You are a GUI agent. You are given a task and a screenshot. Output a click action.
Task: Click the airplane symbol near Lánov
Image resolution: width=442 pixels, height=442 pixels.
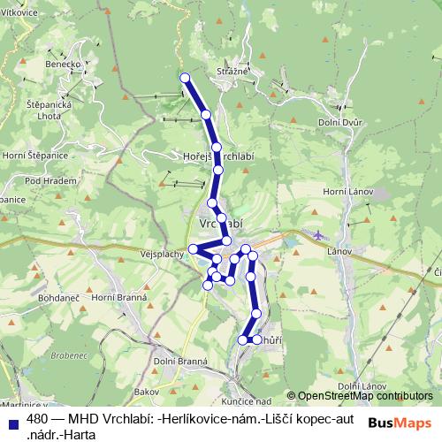pos(318,234)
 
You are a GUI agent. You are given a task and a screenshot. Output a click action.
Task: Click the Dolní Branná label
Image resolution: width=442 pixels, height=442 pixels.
pos(179,361)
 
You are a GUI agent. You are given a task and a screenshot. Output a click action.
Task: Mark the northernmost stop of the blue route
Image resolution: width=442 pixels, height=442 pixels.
pos(185,78)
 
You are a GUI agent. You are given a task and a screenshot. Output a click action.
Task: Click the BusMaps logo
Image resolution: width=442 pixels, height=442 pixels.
pos(400,423)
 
